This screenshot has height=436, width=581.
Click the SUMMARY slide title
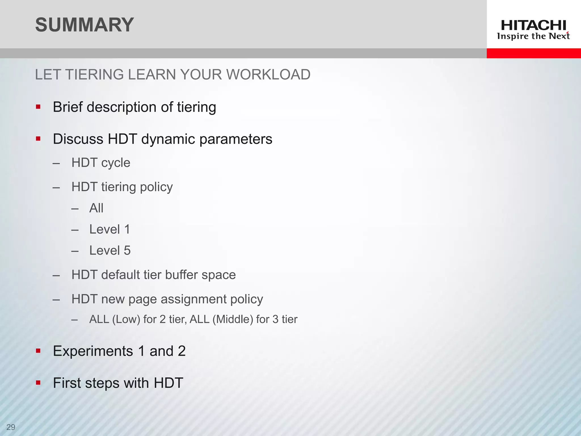[x=84, y=25]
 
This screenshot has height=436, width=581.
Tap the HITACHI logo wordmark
[x=533, y=26]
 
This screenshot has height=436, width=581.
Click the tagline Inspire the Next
[x=533, y=36]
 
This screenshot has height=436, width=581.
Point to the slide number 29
[x=11, y=427]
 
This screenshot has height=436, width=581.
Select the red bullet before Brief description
[x=38, y=107]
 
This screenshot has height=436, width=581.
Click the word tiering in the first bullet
[x=196, y=107]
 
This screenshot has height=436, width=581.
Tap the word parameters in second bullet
[x=235, y=139]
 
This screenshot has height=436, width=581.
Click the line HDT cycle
[x=101, y=163]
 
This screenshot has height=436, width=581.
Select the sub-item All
[x=96, y=208]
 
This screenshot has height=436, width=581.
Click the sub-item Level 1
[x=110, y=229]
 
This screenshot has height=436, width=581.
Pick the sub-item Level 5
[x=110, y=251]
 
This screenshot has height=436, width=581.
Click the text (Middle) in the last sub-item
[x=233, y=319]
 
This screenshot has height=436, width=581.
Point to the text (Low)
[x=126, y=319]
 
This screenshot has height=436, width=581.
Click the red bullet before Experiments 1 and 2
[x=38, y=351]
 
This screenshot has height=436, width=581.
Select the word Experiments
[x=93, y=351]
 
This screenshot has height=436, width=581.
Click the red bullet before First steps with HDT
[x=38, y=383]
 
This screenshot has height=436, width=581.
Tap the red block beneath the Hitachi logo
[x=533, y=53]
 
